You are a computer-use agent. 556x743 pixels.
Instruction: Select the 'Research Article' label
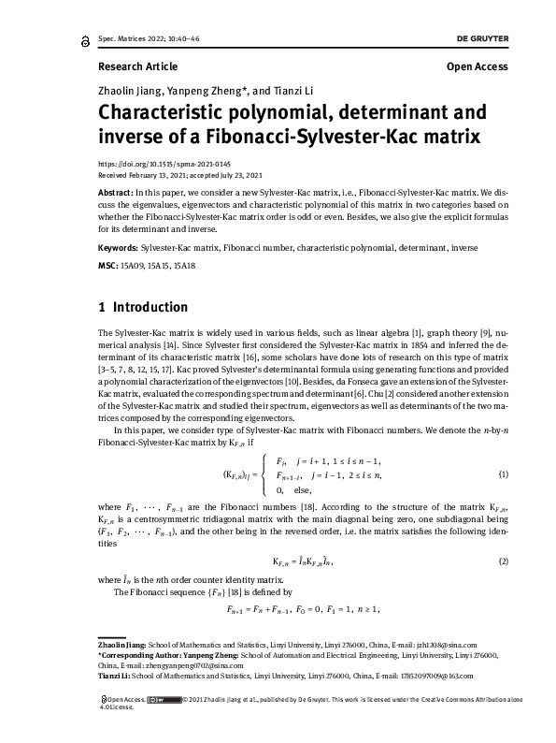coord(137,66)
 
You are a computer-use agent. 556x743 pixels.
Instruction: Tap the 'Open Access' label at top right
coord(478,66)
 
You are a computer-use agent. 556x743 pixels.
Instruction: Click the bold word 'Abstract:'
coord(116,190)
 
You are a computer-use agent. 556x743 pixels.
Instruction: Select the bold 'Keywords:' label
coord(118,248)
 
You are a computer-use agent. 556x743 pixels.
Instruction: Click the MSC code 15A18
coord(182,266)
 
